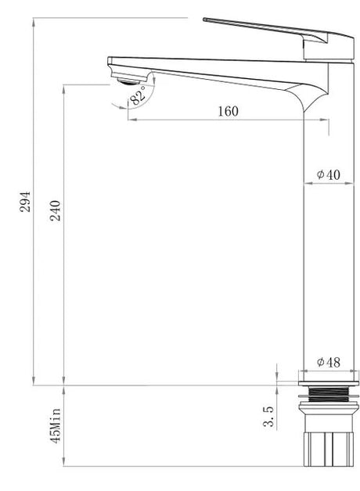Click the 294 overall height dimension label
tap(25, 202)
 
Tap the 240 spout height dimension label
tap(56, 210)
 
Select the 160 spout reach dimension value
tap(228, 111)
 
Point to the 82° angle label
tap(139, 95)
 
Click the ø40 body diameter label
tap(328, 174)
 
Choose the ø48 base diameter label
tap(328, 362)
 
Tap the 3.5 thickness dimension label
tap(268, 417)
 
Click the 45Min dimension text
tap(56, 425)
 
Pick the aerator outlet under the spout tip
tap(128, 82)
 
